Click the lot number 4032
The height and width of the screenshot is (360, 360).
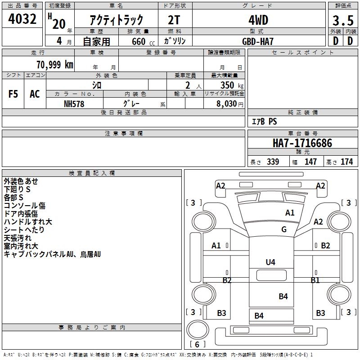pyautogui.click(x=22, y=19)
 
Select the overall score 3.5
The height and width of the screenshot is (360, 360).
pyautogui.click(x=343, y=21)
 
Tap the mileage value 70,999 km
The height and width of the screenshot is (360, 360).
pyautogui.click(x=55, y=65)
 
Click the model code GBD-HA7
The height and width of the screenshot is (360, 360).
pyautogui.click(x=258, y=41)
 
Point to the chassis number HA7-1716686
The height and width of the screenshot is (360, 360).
pyautogui.click(x=302, y=143)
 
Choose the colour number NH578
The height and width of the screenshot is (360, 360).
pyautogui.click(x=74, y=104)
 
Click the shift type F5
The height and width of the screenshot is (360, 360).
pyautogui.click(x=13, y=94)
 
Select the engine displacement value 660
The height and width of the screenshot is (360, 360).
pyautogui.click(x=139, y=41)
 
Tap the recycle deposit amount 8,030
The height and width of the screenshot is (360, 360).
pyautogui.click(x=226, y=104)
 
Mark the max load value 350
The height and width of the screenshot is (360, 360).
pyautogui.click(x=227, y=85)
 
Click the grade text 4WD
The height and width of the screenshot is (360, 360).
pyautogui.click(x=258, y=20)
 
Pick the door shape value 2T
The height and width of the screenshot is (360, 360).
pyautogui.click(x=174, y=20)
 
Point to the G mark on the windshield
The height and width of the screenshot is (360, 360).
pyautogui.click(x=284, y=229)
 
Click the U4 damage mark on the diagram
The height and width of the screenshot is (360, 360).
pyautogui.click(x=270, y=262)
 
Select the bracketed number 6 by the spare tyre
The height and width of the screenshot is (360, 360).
pyautogui.click(x=197, y=344)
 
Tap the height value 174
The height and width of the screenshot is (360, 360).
pyautogui.click(x=346, y=162)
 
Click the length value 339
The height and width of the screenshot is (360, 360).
pyautogui.click(x=273, y=162)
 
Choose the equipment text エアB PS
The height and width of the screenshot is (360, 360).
pyautogui.click(x=264, y=121)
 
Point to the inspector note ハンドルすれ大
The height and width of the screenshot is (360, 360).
pyautogui.click(x=28, y=221)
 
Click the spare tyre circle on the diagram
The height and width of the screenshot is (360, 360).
pyautogui.click(x=198, y=329)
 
